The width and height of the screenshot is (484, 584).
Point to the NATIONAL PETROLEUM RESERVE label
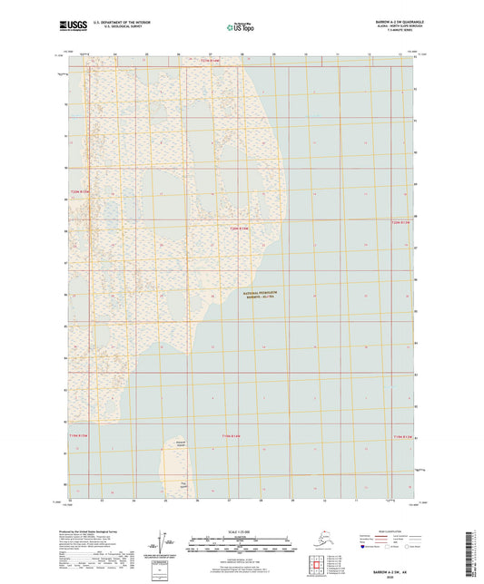pos(255,297)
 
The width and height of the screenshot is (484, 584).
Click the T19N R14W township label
pos(234,437)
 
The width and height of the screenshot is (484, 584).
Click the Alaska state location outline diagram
pos(318,540)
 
